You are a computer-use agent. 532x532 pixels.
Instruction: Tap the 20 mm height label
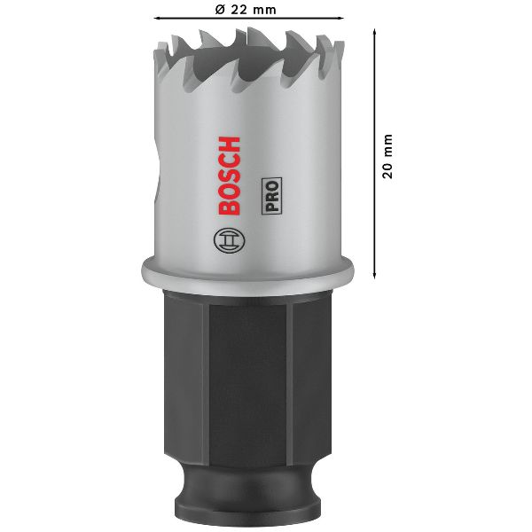click(387, 156)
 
